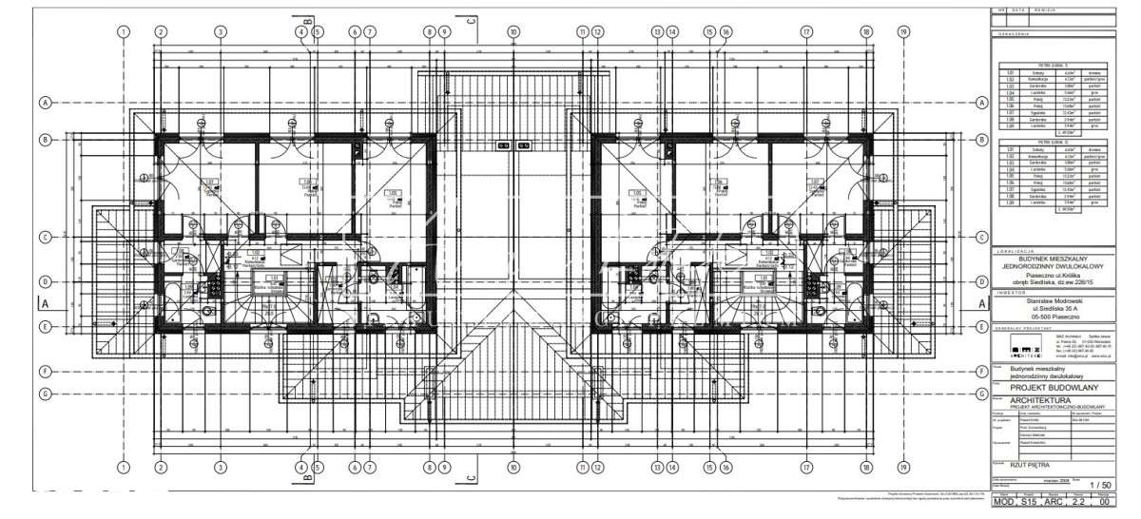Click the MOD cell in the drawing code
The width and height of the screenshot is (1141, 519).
click(1006, 500)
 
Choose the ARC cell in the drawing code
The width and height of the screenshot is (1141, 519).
click(1060, 500)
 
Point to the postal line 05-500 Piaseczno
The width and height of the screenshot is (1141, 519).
click(1053, 317)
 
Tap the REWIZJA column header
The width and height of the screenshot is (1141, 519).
click(1035, 10)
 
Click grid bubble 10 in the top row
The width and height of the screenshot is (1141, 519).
click(513, 31)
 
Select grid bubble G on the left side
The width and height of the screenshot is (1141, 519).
click(45, 393)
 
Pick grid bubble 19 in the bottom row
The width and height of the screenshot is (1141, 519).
click(902, 468)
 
